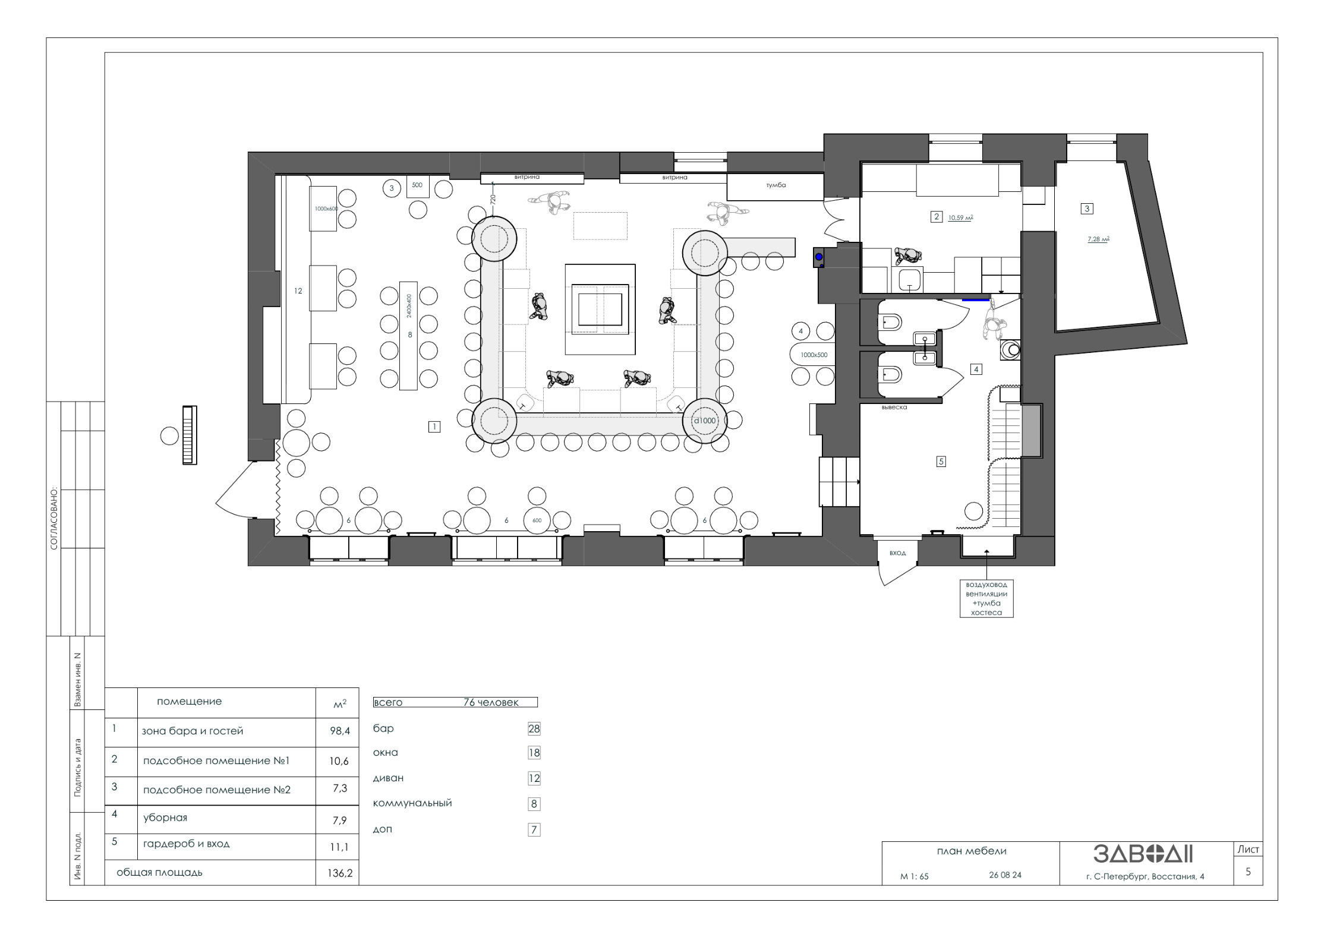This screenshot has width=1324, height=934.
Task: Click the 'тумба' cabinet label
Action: pos(776,185)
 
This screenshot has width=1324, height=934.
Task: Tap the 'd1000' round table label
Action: pos(705,421)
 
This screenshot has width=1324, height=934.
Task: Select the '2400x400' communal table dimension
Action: pos(408,307)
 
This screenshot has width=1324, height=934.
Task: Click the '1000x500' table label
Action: pos(814,355)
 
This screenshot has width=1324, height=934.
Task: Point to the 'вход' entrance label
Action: pos(897,553)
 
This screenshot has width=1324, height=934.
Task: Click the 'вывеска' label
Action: pos(894,408)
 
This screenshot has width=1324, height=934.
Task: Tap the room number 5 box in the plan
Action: pos(941,462)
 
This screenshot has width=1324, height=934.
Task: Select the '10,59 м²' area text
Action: pos(960,218)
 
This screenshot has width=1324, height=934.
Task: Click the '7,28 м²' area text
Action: pos(1098,239)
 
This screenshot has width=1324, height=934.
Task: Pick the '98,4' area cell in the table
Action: pos(340,731)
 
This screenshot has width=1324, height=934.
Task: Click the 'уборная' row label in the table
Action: pos(165,818)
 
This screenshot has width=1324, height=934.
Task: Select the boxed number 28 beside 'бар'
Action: pos(534,729)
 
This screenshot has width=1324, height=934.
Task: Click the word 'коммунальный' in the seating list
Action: pos(412,803)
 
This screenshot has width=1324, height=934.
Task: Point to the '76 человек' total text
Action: pos(491,703)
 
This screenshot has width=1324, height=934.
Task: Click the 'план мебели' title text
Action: pos(972,851)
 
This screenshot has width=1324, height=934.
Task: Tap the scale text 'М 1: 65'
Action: pos(914,876)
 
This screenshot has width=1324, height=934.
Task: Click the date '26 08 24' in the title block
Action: pos(1005,875)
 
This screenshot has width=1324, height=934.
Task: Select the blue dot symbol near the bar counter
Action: pos(819,257)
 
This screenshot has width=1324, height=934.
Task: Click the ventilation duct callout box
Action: pos(986,598)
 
